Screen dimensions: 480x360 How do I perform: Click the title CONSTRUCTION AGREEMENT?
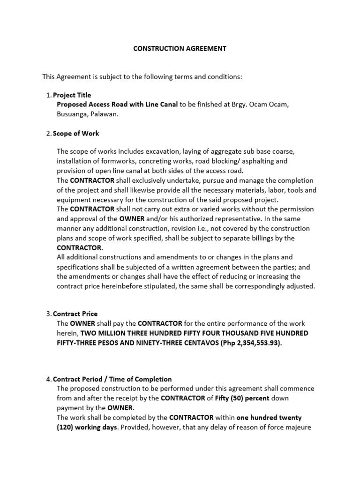point(180,48)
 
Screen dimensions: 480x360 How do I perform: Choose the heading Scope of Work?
point(76,133)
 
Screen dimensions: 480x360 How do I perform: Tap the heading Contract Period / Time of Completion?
point(112,379)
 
